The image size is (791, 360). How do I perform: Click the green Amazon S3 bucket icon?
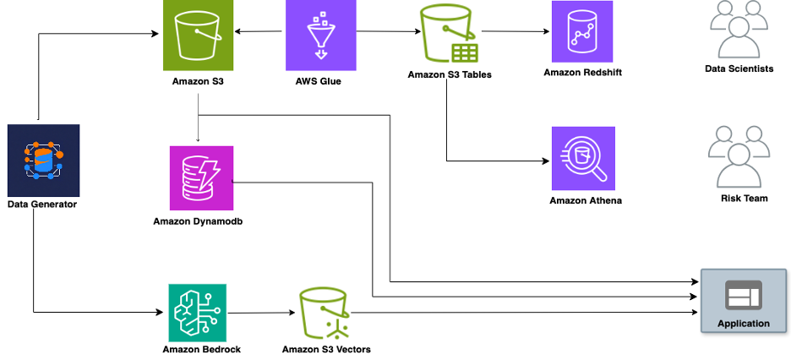coord(198,35)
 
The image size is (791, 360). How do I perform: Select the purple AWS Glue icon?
coord(321,35)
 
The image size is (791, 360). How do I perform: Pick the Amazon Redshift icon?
coord(582,32)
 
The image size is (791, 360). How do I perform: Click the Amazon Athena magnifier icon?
coord(583,158)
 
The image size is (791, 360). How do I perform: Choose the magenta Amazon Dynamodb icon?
coord(201,177)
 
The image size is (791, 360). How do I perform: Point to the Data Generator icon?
coord(43,160)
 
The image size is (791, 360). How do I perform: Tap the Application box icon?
coord(743,297)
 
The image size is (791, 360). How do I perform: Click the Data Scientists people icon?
coord(739,29)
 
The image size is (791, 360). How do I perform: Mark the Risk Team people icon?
coord(739,157)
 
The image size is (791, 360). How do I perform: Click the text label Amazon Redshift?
coord(583,73)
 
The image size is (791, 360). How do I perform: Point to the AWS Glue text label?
coord(321,81)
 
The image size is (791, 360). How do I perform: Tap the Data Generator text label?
coord(42,204)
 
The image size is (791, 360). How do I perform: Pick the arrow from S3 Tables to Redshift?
coord(516,32)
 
